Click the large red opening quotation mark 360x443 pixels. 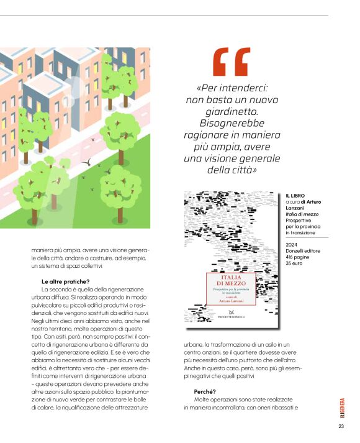231,62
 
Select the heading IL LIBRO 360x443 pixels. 295,196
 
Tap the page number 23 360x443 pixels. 341,427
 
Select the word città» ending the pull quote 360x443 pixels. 243,169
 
